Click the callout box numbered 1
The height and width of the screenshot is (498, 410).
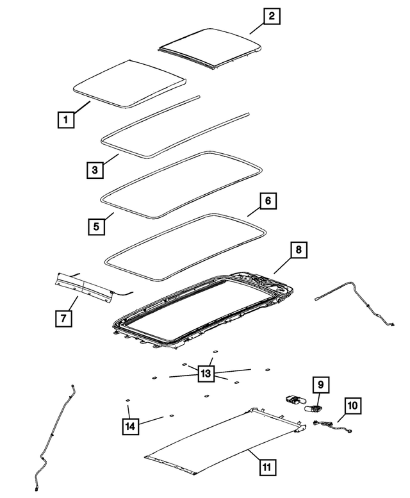pos(64,119)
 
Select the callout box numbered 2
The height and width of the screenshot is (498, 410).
pos(271,17)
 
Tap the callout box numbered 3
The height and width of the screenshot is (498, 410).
pos(95,170)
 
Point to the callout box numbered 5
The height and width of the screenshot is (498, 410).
pos(96,226)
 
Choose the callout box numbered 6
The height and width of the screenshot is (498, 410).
pos(268,201)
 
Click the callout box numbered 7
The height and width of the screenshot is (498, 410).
pos(63,318)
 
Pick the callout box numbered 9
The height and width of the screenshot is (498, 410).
pos(320,386)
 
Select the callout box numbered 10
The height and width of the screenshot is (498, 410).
pos(353,406)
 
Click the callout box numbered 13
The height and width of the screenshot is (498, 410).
pos(206,373)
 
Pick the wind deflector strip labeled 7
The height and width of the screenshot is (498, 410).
pos(83,285)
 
